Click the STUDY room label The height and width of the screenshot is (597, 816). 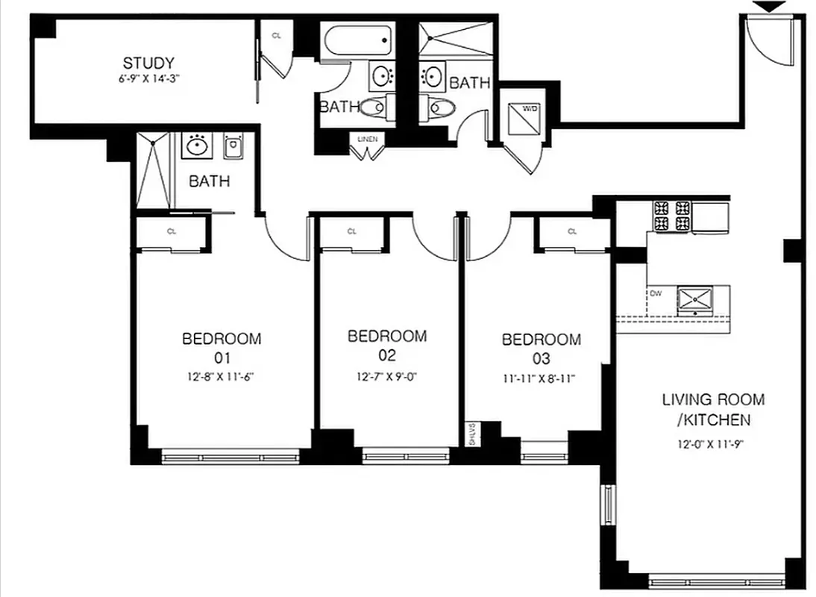[x=148, y=63]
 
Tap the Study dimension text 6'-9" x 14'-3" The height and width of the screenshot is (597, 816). [x=148, y=77]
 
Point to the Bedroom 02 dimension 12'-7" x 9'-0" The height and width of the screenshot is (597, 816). [x=387, y=376]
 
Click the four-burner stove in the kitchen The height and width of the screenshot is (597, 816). [x=672, y=216]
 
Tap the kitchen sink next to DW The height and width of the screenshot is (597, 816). [x=695, y=300]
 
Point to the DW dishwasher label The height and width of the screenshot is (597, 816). [x=656, y=293]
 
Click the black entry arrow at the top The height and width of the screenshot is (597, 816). [x=769, y=7]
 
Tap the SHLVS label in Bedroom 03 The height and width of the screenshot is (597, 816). [x=471, y=435]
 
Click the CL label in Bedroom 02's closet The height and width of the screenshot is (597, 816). [x=351, y=231]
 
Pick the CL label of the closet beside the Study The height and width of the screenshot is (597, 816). [x=276, y=36]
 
